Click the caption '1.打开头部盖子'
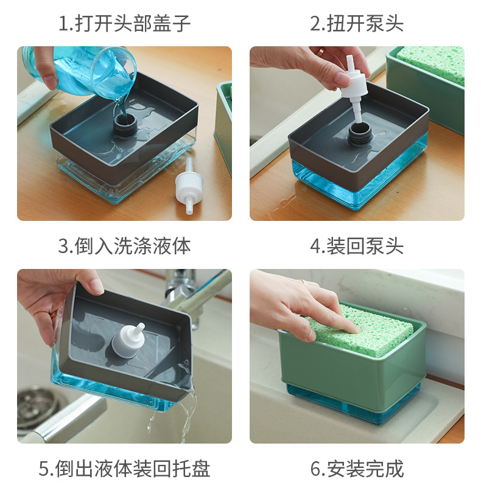[124, 23]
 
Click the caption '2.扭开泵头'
[357, 23]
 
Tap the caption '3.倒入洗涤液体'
[124, 246]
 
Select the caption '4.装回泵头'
[357, 246]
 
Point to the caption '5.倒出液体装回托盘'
[124, 469]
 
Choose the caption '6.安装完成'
[357, 469]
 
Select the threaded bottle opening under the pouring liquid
[126, 124]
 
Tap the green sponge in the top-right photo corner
[431, 64]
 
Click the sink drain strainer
[39, 407]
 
